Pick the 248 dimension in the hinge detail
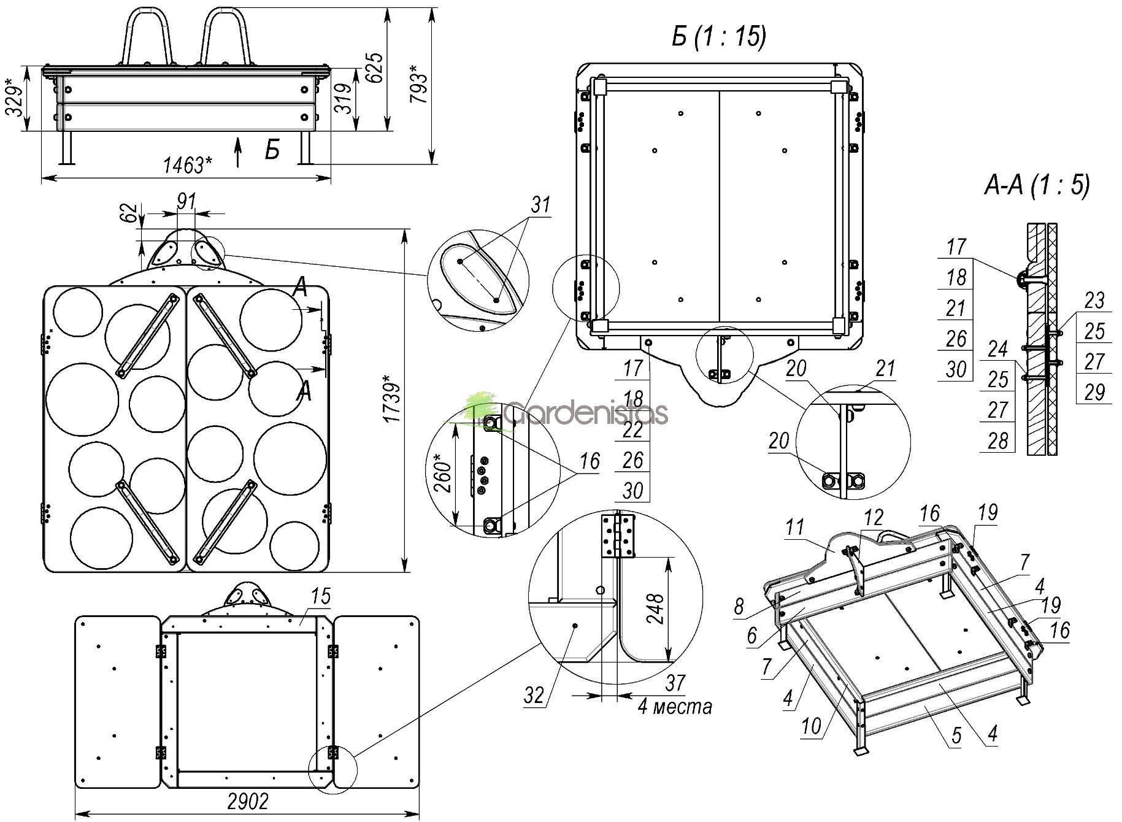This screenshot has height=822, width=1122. pos(657,608)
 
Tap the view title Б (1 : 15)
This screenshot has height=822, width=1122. pos(718,37)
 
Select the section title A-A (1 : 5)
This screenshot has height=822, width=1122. pos(1036,185)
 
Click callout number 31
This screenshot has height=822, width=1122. pos(540,204)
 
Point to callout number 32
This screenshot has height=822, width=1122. pos(534,695)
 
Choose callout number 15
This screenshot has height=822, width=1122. pos(320,596)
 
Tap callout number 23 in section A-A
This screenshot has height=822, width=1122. pos(1094,300)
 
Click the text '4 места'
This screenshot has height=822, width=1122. pos(675,707)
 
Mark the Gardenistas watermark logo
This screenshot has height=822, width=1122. pos(564,412)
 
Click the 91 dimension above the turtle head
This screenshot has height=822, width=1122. pos(186,201)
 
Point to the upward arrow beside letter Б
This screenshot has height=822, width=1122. pos(239,152)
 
